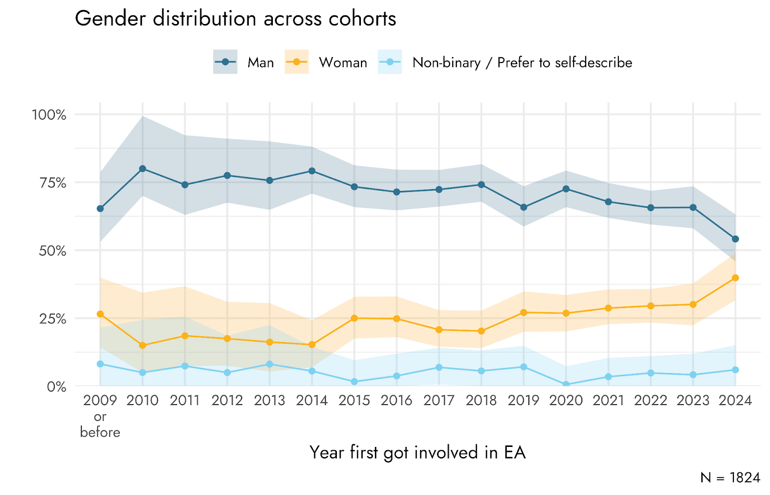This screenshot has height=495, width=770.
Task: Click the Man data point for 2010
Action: (x=142, y=169)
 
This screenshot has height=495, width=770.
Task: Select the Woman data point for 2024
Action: (x=735, y=278)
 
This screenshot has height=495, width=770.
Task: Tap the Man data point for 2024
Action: (x=735, y=239)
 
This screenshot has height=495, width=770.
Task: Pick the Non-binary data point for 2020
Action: (x=566, y=385)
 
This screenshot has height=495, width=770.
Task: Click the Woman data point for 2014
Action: (x=312, y=345)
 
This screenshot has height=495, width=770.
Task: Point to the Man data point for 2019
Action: (x=524, y=207)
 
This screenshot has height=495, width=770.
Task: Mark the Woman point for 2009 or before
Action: (x=100, y=314)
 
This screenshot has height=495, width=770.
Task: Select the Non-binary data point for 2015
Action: (x=354, y=382)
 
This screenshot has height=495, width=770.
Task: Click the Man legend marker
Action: (x=225, y=62)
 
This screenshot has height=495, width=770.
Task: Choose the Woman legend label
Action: (x=343, y=63)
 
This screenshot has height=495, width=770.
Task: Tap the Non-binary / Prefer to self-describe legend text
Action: (x=522, y=63)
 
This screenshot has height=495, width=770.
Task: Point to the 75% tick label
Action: (x=53, y=183)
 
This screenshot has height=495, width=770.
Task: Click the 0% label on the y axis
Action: (x=56, y=387)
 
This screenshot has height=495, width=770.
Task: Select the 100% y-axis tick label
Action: (x=49, y=115)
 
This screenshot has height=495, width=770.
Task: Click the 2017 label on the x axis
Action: (x=439, y=400)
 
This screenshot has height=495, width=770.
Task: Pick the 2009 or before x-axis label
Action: (x=100, y=416)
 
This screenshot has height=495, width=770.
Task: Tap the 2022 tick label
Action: (x=651, y=400)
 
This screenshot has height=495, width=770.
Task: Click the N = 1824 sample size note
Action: (x=730, y=478)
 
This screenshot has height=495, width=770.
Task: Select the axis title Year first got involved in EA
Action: (x=417, y=453)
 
